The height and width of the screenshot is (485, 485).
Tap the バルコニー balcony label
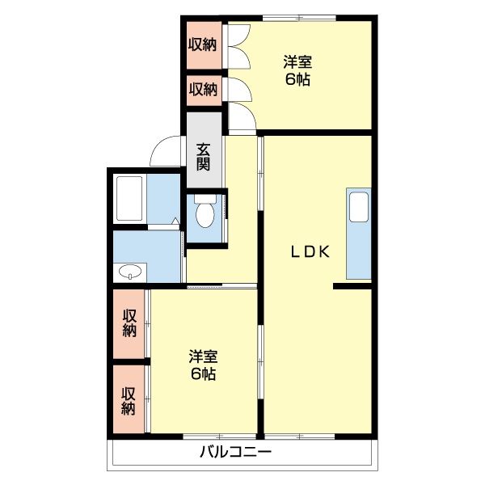pos(235,453)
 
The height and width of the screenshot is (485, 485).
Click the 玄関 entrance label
pos(203,156)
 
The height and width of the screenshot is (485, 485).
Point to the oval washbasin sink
pos(129,272)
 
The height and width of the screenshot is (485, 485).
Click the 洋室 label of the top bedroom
pos(297,61)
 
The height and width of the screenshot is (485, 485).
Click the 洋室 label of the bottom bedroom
pos(203,356)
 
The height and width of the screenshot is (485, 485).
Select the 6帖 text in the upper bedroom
pos(297,79)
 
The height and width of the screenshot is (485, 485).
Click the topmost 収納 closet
pos(203,44)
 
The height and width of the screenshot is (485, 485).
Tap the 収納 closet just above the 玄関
pos(203,89)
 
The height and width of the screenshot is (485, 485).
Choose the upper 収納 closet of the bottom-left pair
pos(129,323)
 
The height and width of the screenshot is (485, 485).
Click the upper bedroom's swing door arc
pos(242,119)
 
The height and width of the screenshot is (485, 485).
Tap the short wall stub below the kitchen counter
pos(352,285)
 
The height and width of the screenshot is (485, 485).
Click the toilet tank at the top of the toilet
pos(205,198)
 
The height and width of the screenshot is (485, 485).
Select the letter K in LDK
pos(324,251)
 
